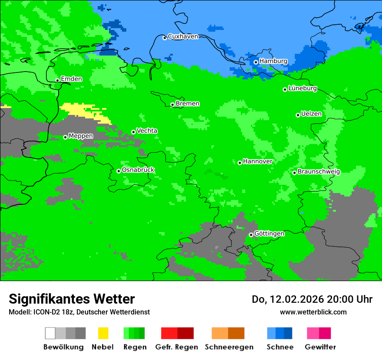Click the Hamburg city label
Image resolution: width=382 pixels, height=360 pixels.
point(273,61)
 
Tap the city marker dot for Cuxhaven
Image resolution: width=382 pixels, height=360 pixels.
point(165,38)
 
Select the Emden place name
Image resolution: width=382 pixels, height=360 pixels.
point(71,79)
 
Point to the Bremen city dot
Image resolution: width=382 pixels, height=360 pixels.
point(172,105)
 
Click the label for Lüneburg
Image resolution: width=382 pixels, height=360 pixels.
point(303,88)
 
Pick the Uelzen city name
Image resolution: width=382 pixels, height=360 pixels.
point(311,114)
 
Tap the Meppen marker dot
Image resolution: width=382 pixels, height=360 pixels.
point(65,137)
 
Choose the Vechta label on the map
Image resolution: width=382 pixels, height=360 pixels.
point(147,131)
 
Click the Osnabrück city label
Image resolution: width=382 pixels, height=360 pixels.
point(138,170)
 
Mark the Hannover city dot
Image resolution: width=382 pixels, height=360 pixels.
point(240,163)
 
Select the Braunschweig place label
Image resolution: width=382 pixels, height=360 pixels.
point(319,172)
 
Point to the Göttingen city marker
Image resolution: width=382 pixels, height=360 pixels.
point(251,235)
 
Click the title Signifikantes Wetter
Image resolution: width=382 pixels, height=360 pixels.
point(72,299)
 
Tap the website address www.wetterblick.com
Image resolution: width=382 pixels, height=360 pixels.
point(313,312)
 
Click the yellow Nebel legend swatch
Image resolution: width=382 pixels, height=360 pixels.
point(103,333)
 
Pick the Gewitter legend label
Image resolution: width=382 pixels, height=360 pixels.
point(320,347)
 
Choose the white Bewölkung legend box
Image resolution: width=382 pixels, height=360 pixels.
point(50,333)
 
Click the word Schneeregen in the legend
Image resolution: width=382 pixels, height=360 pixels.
point(229,347)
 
